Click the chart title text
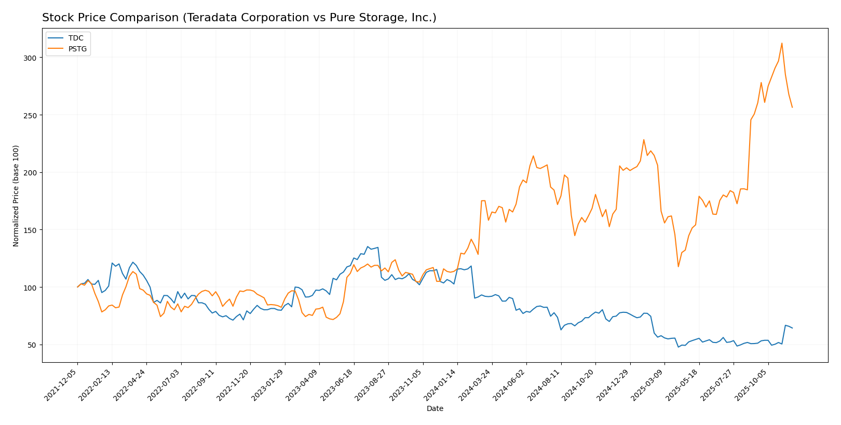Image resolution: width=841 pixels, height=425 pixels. point(239,18)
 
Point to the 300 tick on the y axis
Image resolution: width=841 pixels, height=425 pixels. point(30,58)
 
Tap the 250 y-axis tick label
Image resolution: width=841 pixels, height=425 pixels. point(30,115)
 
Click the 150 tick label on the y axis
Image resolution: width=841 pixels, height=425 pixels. point(30,230)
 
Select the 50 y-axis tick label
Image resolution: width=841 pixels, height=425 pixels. point(32,345)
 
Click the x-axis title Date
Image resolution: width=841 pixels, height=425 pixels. point(435,409)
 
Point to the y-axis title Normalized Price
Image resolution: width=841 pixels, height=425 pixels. point(16,196)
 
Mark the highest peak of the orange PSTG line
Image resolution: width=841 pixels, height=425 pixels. point(782,43)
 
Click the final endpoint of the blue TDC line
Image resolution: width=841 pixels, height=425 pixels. point(792,328)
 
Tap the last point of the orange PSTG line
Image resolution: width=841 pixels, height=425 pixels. point(792,107)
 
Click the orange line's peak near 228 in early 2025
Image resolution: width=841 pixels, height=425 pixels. point(644,140)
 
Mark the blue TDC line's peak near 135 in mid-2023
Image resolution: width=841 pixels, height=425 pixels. point(368,246)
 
